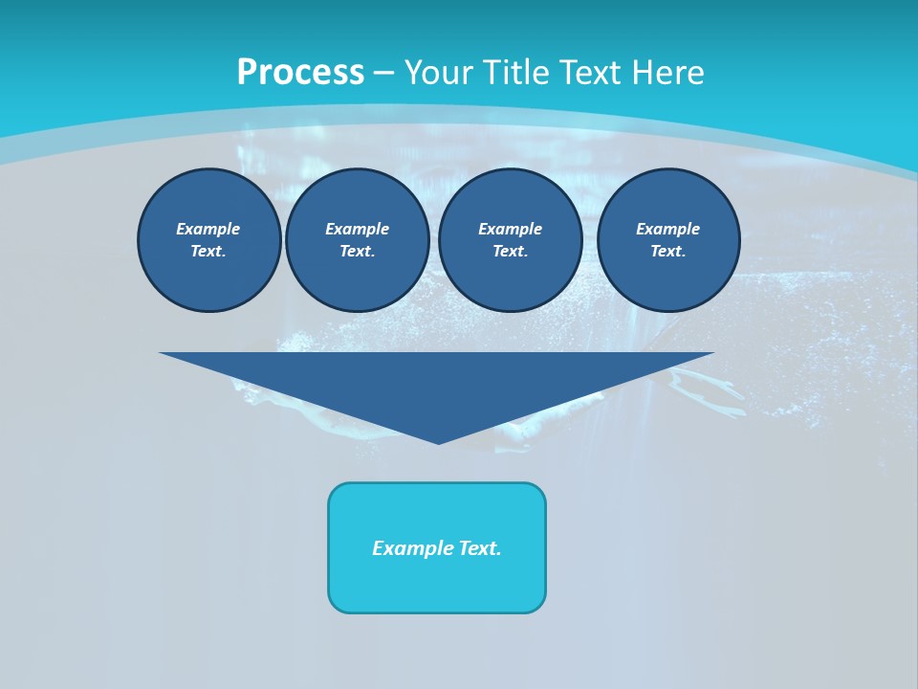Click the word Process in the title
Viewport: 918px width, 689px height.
[x=300, y=73]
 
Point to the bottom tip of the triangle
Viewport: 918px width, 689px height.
[x=438, y=442]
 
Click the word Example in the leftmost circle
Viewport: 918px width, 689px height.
[x=208, y=229]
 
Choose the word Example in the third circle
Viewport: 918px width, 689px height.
[x=510, y=229]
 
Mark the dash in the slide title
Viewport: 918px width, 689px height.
[x=384, y=73]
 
